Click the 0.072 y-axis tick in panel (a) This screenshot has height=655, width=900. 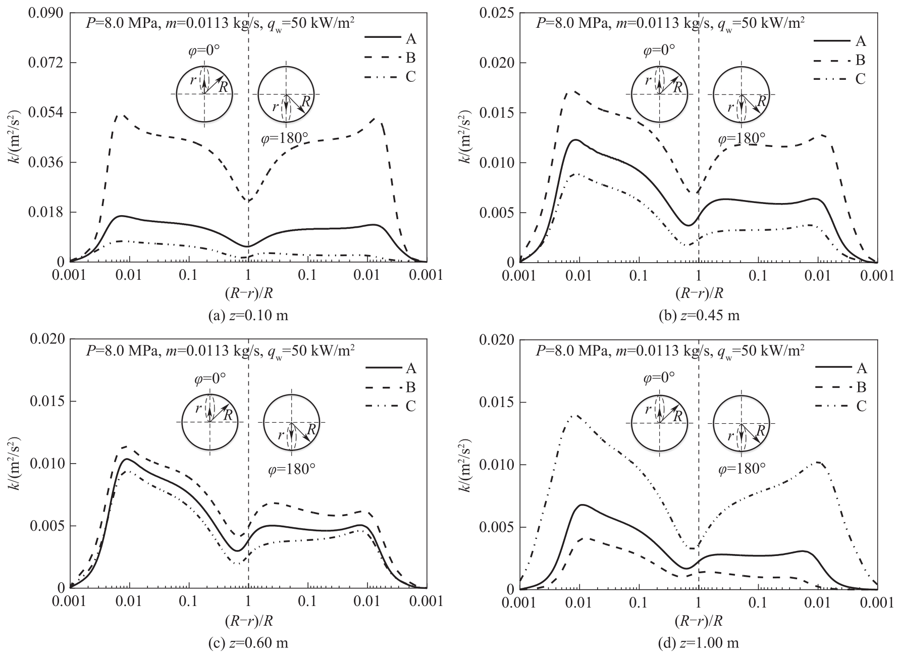[46, 63]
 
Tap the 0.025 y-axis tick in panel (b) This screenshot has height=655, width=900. [496, 13]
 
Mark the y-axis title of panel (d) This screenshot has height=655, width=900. [463, 464]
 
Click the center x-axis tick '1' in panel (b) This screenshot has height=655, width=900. [699, 275]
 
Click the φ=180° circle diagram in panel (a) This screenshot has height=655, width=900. [286, 94]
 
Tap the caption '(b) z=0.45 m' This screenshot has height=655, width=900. [699, 316]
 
